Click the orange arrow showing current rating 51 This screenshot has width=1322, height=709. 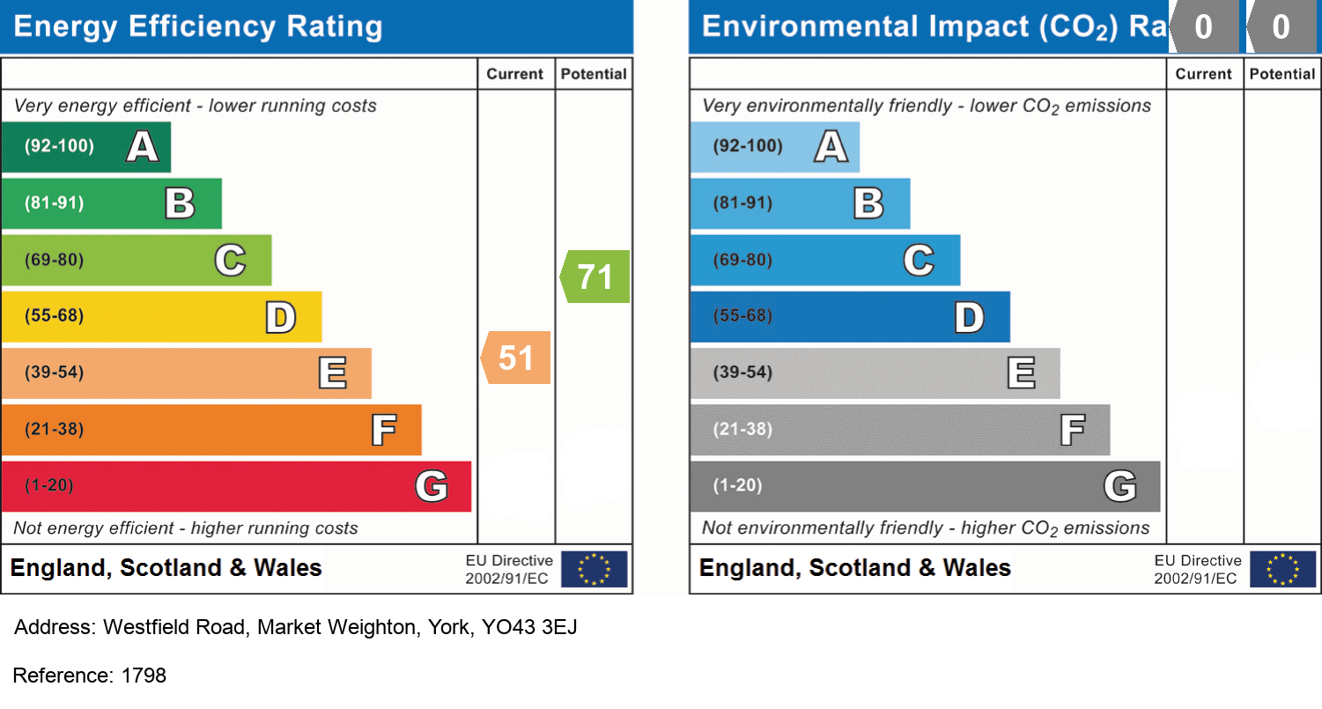click(x=517, y=358)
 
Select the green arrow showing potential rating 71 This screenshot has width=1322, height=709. click(x=596, y=277)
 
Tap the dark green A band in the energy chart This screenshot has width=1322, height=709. click(x=85, y=146)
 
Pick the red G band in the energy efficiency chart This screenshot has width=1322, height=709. click(x=236, y=486)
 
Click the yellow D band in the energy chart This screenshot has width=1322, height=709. click(x=161, y=316)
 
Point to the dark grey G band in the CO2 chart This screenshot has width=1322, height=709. click(x=925, y=486)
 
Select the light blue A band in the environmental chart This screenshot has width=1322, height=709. click(x=774, y=146)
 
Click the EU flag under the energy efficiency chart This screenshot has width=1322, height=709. click(x=594, y=569)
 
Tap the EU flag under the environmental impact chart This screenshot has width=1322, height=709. click(x=1282, y=569)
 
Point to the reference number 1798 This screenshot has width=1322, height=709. click(x=144, y=676)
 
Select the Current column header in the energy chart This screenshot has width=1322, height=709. click(x=515, y=74)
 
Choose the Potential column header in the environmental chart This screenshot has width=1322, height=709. click(x=1282, y=74)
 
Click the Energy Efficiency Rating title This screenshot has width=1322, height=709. click(x=198, y=26)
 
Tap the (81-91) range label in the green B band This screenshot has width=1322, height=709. click(x=55, y=203)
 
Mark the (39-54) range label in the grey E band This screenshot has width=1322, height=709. click(x=743, y=373)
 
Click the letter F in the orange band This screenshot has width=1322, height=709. click(x=383, y=430)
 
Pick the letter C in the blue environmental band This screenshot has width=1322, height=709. click(x=919, y=260)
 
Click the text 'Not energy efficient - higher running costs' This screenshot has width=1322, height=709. click(x=186, y=528)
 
